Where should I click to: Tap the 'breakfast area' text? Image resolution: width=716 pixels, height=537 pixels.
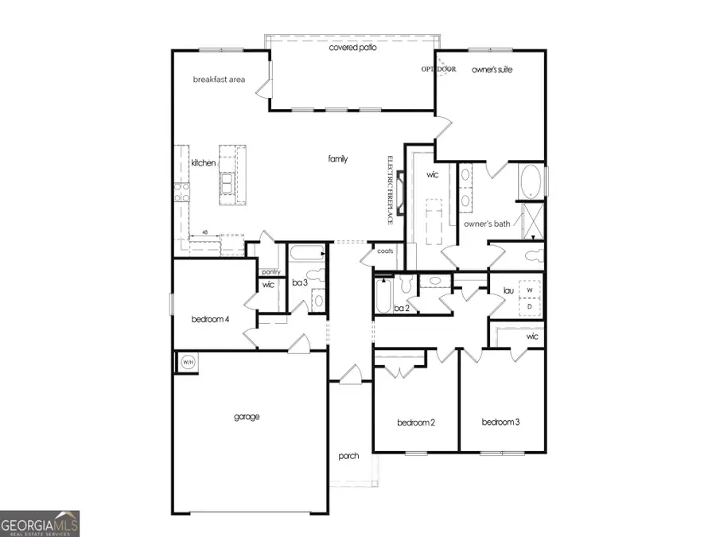click(218, 80)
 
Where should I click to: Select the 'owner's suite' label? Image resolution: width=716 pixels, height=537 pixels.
click(492, 70)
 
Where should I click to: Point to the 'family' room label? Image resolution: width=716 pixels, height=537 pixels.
click(338, 159)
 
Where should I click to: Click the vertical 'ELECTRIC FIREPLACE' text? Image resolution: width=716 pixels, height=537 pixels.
click(391, 189)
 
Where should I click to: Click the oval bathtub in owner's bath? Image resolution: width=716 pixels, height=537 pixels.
click(531, 181)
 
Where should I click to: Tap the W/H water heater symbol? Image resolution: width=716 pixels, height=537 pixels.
click(189, 362)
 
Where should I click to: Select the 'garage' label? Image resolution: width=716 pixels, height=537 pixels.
click(247, 416)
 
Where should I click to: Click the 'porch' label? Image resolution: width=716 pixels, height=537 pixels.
click(348, 456)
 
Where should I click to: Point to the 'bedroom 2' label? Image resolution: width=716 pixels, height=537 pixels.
click(415, 422)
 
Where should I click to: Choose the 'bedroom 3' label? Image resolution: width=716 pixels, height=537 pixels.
click(500, 422)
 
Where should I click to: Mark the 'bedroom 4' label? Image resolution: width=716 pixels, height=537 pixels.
click(211, 320)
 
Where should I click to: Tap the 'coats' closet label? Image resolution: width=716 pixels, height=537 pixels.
click(386, 251)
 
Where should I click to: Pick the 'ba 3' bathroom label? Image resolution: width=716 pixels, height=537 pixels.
click(300, 282)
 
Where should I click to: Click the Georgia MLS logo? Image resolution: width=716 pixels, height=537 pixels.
click(40, 523)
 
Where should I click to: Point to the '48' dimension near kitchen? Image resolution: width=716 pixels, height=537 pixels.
click(204, 233)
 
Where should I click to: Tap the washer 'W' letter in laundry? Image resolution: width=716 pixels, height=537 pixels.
click(530, 292)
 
